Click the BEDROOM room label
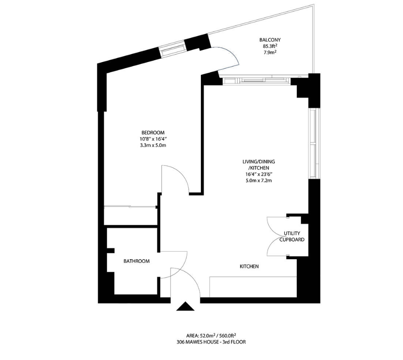153,132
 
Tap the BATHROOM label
137,261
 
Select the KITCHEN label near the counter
249,266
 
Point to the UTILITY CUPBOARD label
292,236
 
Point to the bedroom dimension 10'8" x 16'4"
153,139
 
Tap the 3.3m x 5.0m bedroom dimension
153,145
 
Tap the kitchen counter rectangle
253,286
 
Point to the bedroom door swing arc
179,178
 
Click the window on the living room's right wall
314,143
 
